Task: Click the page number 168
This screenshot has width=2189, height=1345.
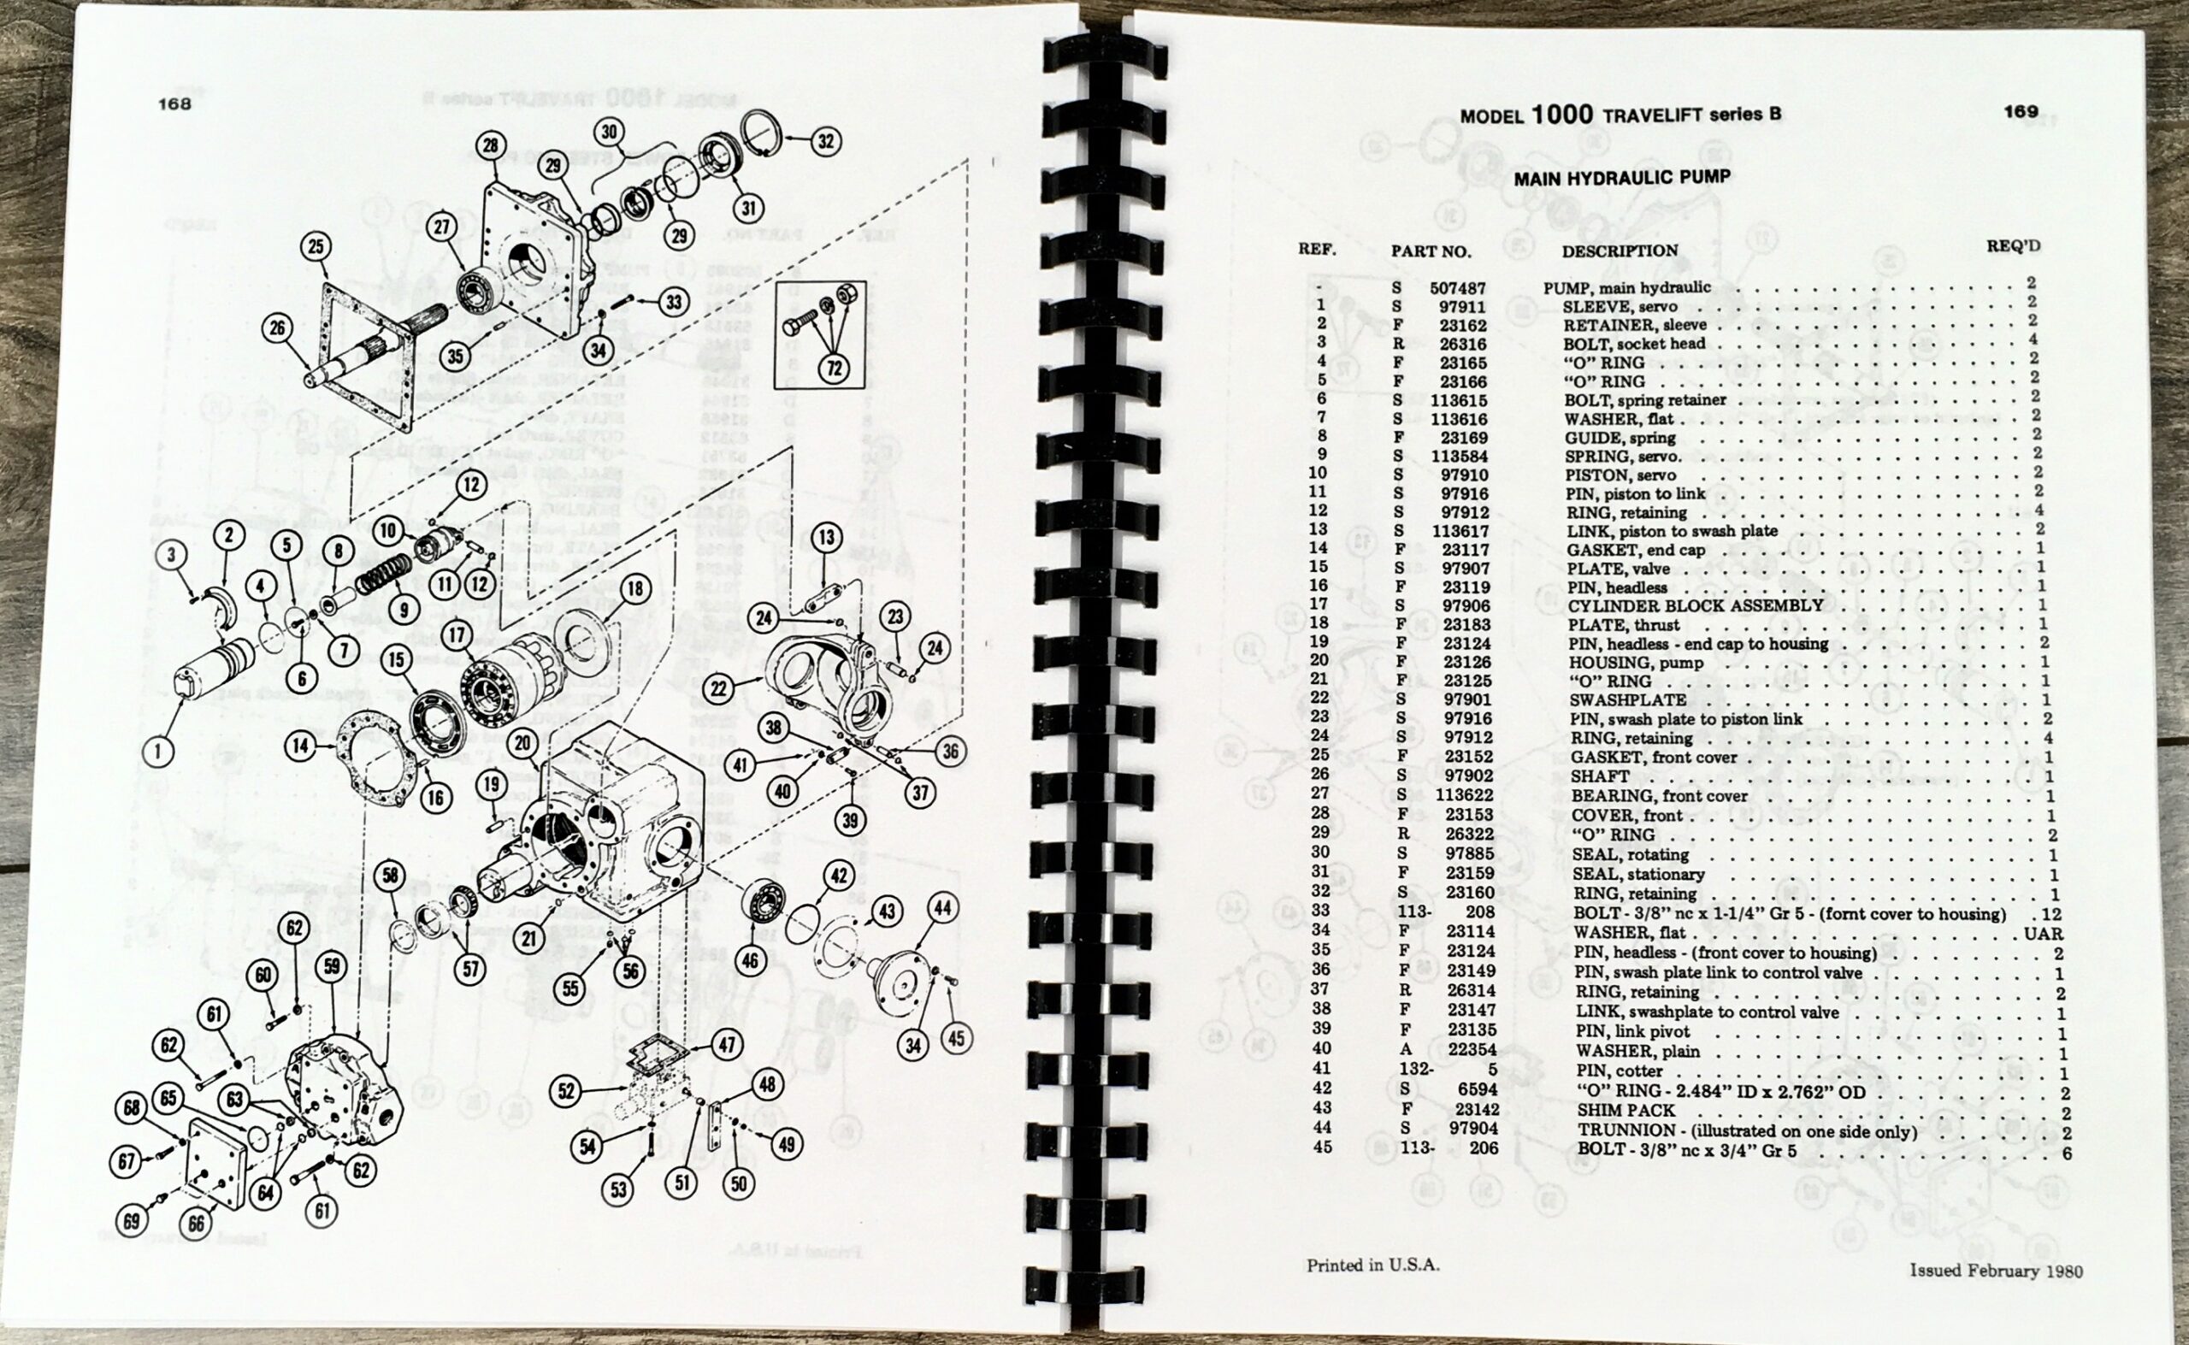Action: coord(174,103)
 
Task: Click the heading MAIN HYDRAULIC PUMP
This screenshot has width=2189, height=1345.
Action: coord(1621,177)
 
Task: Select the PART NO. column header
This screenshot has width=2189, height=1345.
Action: coord(1431,251)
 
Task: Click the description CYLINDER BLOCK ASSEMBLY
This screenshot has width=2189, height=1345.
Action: coord(1696,605)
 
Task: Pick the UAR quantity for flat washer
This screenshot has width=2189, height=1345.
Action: coord(2043,934)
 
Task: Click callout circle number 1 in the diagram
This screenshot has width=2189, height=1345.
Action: coord(158,751)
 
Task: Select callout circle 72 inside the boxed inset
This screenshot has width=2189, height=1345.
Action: coord(834,368)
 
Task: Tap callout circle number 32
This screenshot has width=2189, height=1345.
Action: coord(825,140)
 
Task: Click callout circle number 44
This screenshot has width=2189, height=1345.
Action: coord(943,908)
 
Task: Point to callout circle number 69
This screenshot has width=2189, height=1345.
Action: coord(131,1221)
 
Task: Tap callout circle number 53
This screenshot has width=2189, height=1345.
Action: coord(618,1189)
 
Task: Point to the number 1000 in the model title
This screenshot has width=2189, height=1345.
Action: coord(1562,115)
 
